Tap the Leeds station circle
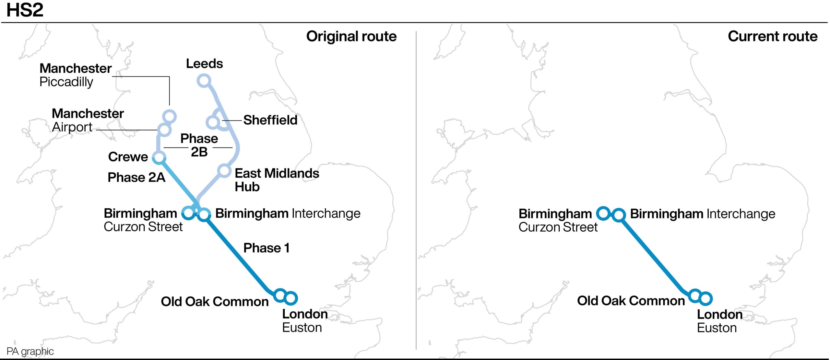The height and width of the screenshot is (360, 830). (x=204, y=80)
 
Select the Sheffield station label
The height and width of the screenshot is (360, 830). (x=270, y=120)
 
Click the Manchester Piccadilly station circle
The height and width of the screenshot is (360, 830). (x=169, y=116)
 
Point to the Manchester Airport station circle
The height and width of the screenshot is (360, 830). (x=164, y=130)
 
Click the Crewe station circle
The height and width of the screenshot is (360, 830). (x=159, y=157)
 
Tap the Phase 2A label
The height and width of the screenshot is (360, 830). (x=136, y=177)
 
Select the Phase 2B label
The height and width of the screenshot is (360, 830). (x=199, y=145)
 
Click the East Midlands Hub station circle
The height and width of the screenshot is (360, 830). (x=224, y=170)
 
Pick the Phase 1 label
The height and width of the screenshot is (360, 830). (x=266, y=248)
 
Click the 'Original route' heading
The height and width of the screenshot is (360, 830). (x=351, y=36)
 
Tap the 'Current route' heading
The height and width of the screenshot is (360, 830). (x=772, y=36)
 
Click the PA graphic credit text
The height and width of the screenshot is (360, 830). (x=30, y=351)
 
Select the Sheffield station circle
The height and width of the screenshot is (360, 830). (x=213, y=122)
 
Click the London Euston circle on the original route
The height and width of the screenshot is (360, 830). (x=291, y=298)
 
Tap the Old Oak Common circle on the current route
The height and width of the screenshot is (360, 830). (x=695, y=296)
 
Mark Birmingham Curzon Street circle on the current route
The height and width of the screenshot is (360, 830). (x=603, y=213)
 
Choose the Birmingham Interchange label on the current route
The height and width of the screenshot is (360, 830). (x=702, y=214)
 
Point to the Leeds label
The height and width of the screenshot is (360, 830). (x=204, y=64)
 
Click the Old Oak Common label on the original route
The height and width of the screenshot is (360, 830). (x=215, y=301)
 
